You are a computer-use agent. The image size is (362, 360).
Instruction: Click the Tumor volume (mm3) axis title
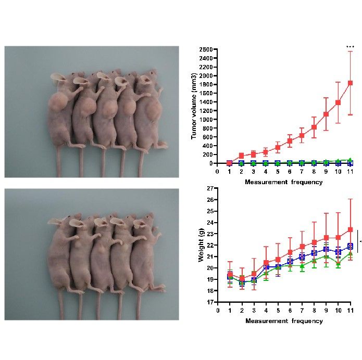pos(194,106)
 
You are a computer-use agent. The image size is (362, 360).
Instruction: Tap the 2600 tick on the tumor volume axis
pos(205,49)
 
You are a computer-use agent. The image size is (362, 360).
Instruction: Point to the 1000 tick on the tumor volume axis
pos(205,119)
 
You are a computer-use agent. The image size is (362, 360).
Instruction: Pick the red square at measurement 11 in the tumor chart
pos(351,83)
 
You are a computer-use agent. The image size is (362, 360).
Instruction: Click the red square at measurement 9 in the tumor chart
pos(326,114)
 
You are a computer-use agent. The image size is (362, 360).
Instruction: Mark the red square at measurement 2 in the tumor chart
pos(241,156)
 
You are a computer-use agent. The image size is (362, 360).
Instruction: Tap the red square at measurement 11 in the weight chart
pos(351,229)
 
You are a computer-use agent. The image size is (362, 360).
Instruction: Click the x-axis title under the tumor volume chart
pos(284,182)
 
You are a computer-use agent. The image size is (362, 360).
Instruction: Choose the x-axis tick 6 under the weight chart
pos(290,311)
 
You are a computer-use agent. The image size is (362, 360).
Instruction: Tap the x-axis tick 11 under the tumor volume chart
pos(351,172)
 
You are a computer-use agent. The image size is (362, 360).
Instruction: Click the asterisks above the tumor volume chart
pos(351,47)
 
